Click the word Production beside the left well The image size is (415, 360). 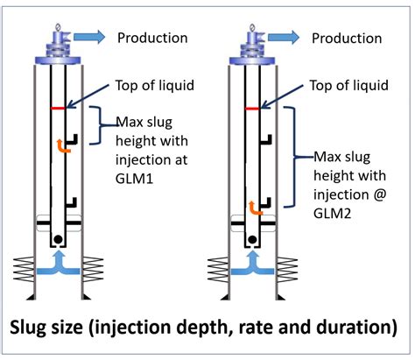[152, 38]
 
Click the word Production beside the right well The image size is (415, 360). [347, 39]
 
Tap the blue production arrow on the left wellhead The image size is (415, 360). [89, 37]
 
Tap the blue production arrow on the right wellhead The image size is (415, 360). [284, 38]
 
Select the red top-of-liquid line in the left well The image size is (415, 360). [58, 109]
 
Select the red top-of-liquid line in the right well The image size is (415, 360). [252, 109]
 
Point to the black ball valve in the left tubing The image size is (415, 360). [58, 239]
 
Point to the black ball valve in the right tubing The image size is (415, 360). [252, 240]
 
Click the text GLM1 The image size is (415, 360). [134, 179]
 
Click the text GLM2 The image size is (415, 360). [332, 214]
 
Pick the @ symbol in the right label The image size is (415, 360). [379, 194]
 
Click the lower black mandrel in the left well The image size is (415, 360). [71, 202]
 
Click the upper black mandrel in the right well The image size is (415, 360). [265, 139]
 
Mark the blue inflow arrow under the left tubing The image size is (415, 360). [59, 264]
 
